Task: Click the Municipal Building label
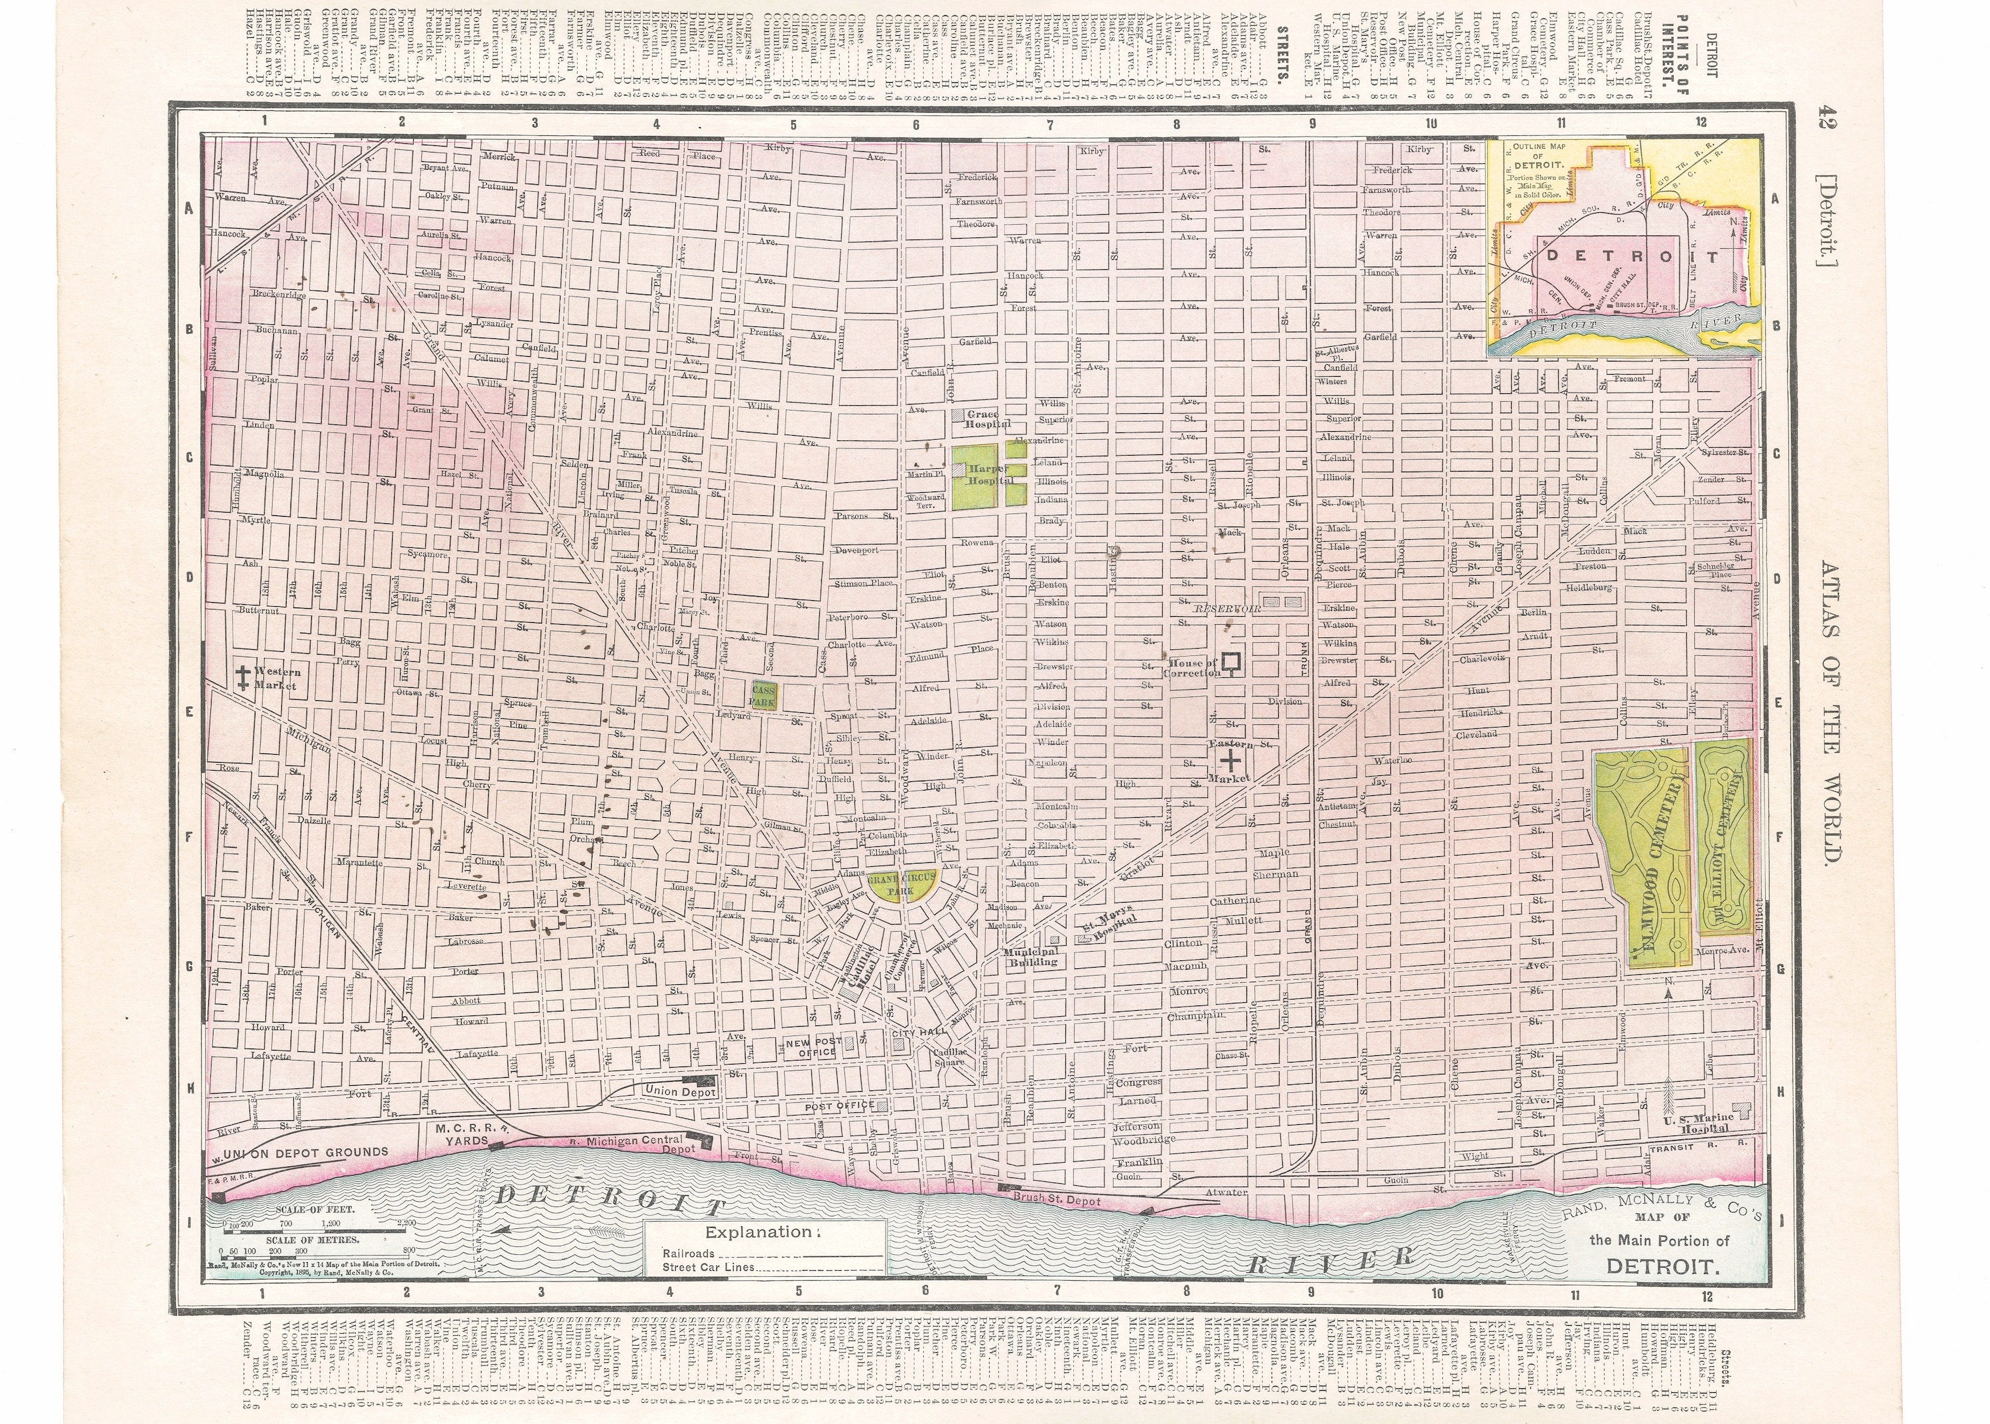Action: [x=1031, y=956]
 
